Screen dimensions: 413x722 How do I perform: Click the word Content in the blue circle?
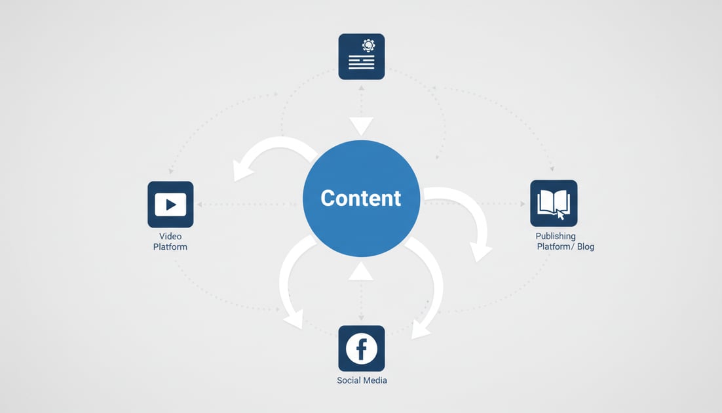point(360,198)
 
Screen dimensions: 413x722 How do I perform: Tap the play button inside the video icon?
point(171,205)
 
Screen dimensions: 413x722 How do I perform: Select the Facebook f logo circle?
point(361,348)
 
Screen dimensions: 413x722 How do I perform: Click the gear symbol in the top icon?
point(368,45)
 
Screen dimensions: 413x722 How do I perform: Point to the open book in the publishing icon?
point(551,201)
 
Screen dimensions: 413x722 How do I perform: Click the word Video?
point(170,236)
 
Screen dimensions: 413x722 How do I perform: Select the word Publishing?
point(556,236)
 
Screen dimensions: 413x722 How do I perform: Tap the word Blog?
point(586,247)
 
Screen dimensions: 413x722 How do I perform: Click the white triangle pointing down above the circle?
point(361,125)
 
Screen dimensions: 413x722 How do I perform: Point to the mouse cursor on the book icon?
point(561,214)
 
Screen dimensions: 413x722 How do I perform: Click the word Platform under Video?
point(170,247)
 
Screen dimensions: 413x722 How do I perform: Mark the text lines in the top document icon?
point(361,62)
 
